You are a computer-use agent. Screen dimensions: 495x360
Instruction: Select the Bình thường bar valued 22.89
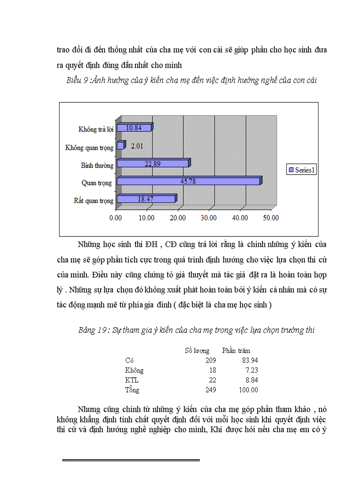pyautogui.click(x=154, y=164)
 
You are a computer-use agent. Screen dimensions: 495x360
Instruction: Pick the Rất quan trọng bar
pyautogui.click(x=146, y=199)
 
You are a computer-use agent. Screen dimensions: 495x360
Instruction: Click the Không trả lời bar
pyautogui.click(x=135, y=128)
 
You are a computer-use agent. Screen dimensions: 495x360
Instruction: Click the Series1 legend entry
pyautogui.click(x=301, y=170)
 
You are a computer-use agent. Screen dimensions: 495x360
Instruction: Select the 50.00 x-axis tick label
pyautogui.click(x=270, y=217)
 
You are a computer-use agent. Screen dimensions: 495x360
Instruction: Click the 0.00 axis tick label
pyautogui.click(x=116, y=217)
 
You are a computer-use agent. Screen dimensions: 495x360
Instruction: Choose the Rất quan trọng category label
pyautogui.click(x=94, y=201)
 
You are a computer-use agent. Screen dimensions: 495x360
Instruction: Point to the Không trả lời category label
pyautogui.click(x=96, y=129)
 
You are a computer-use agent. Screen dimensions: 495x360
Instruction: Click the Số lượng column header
pyautogui.click(x=197, y=351)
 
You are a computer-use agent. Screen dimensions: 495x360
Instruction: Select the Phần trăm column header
pyautogui.click(x=236, y=351)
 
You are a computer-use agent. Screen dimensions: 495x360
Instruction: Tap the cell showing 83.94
pyautogui.click(x=250, y=361)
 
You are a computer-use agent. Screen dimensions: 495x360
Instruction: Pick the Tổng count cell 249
pyautogui.click(x=211, y=390)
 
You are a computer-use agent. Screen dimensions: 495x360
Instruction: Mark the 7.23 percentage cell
pyautogui.click(x=251, y=370)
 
